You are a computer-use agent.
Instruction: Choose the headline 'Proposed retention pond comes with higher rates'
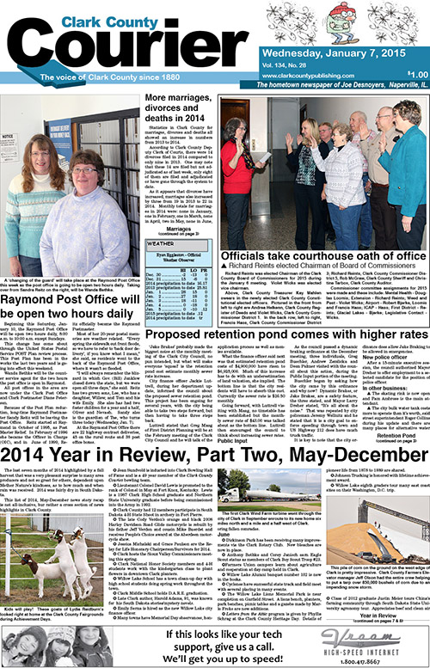(x=271, y=332)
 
